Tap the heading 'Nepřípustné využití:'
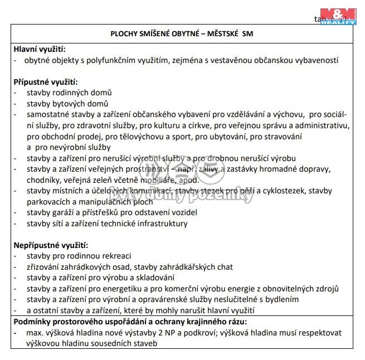(51, 245)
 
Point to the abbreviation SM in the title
(248, 33)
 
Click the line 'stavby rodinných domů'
(69, 93)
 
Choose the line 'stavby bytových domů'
(67, 104)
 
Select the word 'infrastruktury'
(162, 223)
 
